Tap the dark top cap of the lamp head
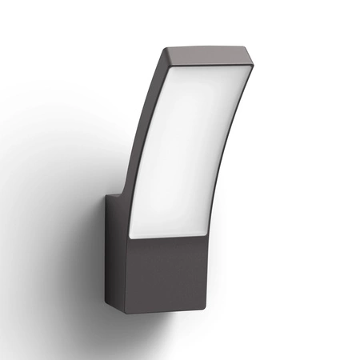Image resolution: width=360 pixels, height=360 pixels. pos(210,56)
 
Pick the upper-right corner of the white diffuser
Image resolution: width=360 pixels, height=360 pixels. pos(249,71)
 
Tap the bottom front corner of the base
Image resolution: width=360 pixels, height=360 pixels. pos(129,311)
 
